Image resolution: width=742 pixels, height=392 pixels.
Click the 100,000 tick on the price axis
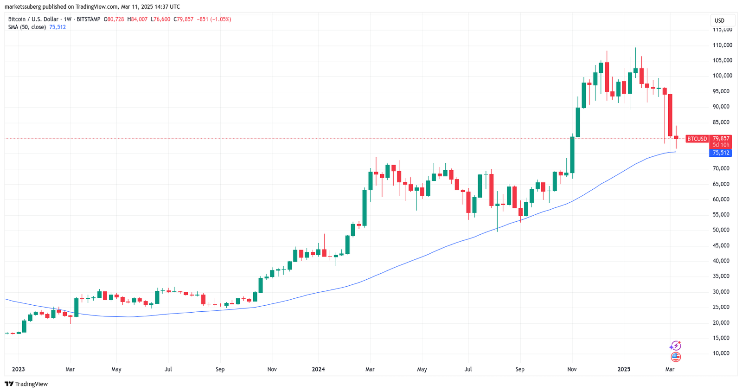coord(722,76)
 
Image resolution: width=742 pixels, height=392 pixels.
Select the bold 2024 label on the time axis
coord(318,369)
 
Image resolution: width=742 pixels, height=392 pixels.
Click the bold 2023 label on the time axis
coord(18,369)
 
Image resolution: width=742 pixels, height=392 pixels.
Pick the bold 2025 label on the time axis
coord(624,369)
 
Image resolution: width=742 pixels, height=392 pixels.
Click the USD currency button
coord(719,20)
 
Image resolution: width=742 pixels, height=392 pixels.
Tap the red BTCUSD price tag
coord(697,139)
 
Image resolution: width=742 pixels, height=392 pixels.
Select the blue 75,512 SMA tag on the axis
coord(721,153)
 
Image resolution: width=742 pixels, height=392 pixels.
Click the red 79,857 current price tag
coord(721,138)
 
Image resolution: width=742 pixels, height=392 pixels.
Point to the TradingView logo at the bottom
coord(26,384)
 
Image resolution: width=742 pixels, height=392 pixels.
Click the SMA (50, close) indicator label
coord(27,27)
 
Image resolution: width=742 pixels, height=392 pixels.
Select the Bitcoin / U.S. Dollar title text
coord(33,19)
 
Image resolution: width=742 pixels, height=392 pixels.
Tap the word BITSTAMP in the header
coord(88,19)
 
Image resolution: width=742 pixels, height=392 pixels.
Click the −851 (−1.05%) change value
coord(214,19)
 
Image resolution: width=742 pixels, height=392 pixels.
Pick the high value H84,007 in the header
coord(137,19)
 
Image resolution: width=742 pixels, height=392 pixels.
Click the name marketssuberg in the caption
coord(23,7)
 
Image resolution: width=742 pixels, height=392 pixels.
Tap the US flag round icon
coord(676,357)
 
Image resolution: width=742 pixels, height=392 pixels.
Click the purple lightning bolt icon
coord(676,346)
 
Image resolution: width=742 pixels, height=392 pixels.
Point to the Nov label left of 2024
coord(272,369)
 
